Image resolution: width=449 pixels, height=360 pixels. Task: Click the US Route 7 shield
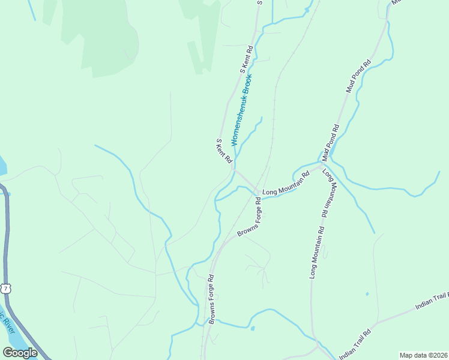coord(5,289)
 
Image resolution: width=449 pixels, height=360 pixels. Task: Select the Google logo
coord(20,353)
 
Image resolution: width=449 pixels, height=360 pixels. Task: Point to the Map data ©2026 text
coord(424,355)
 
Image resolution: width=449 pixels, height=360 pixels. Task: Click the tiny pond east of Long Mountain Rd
coord(367,294)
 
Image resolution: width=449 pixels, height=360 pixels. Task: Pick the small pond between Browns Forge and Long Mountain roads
coord(252,328)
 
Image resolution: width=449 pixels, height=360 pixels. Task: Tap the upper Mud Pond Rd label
coord(358,76)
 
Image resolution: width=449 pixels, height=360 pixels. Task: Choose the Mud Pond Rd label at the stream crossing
coord(330,142)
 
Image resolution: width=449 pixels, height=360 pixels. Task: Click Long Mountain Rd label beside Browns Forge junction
coord(286,184)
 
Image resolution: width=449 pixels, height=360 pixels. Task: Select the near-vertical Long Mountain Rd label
coord(316,252)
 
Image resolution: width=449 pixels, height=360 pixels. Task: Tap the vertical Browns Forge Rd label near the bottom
coord(211,299)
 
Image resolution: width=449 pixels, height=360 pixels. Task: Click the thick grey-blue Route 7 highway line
coord(6,240)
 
